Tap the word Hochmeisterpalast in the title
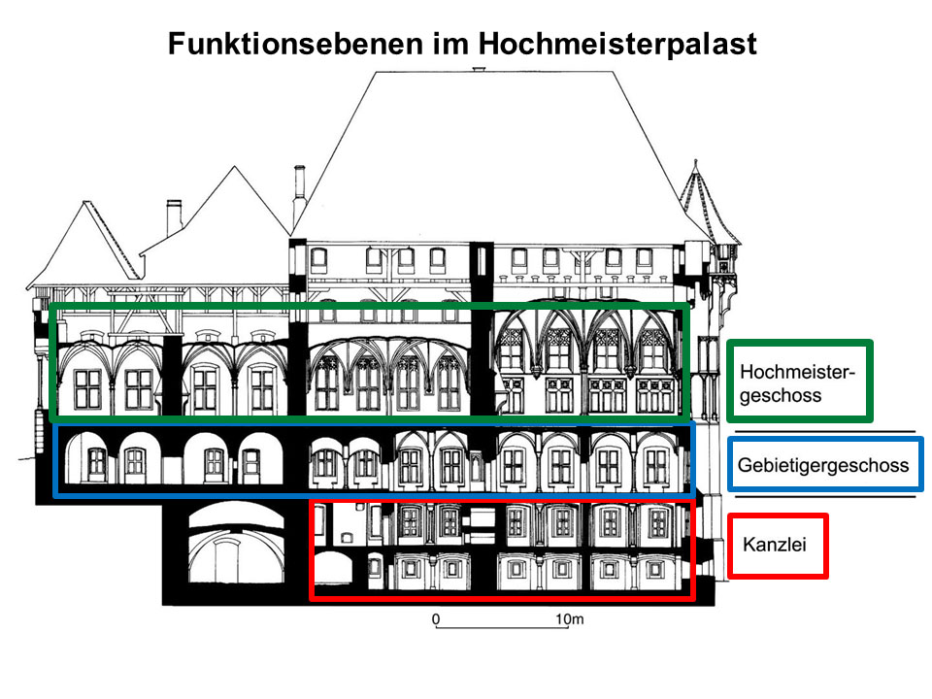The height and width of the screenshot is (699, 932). click(x=617, y=44)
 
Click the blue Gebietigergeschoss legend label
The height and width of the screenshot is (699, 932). click(x=823, y=465)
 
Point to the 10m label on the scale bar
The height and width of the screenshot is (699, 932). click(x=570, y=619)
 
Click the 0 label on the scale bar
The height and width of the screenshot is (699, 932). click(x=436, y=619)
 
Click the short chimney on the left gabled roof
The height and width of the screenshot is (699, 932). click(x=174, y=216)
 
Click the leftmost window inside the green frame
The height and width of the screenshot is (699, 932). click(x=87, y=389)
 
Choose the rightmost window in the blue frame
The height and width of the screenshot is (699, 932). click(x=657, y=465)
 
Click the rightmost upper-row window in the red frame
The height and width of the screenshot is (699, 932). click(x=658, y=522)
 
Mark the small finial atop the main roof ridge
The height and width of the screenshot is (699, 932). click(x=479, y=70)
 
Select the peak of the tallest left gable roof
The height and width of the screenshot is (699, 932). click(x=235, y=167)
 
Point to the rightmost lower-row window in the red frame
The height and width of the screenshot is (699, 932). click(x=654, y=570)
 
